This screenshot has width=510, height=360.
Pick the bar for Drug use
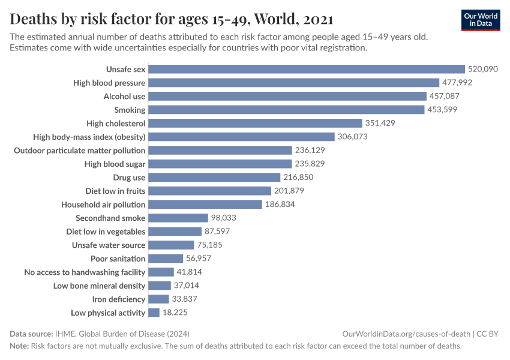coord(214,178)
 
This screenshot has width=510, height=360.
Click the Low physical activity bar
coord(154,313)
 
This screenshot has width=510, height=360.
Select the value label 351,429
coord(382,123)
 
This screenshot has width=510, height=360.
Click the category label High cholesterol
coord(116,123)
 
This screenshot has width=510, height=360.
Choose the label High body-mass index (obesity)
coord(89,137)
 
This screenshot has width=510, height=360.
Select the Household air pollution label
coord(103,205)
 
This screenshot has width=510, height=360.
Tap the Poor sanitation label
coord(118,259)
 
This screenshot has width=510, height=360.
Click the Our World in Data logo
coord(481,20)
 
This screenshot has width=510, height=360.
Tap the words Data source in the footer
coord(31,334)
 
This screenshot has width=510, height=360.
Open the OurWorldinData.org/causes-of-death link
coord(406,334)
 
